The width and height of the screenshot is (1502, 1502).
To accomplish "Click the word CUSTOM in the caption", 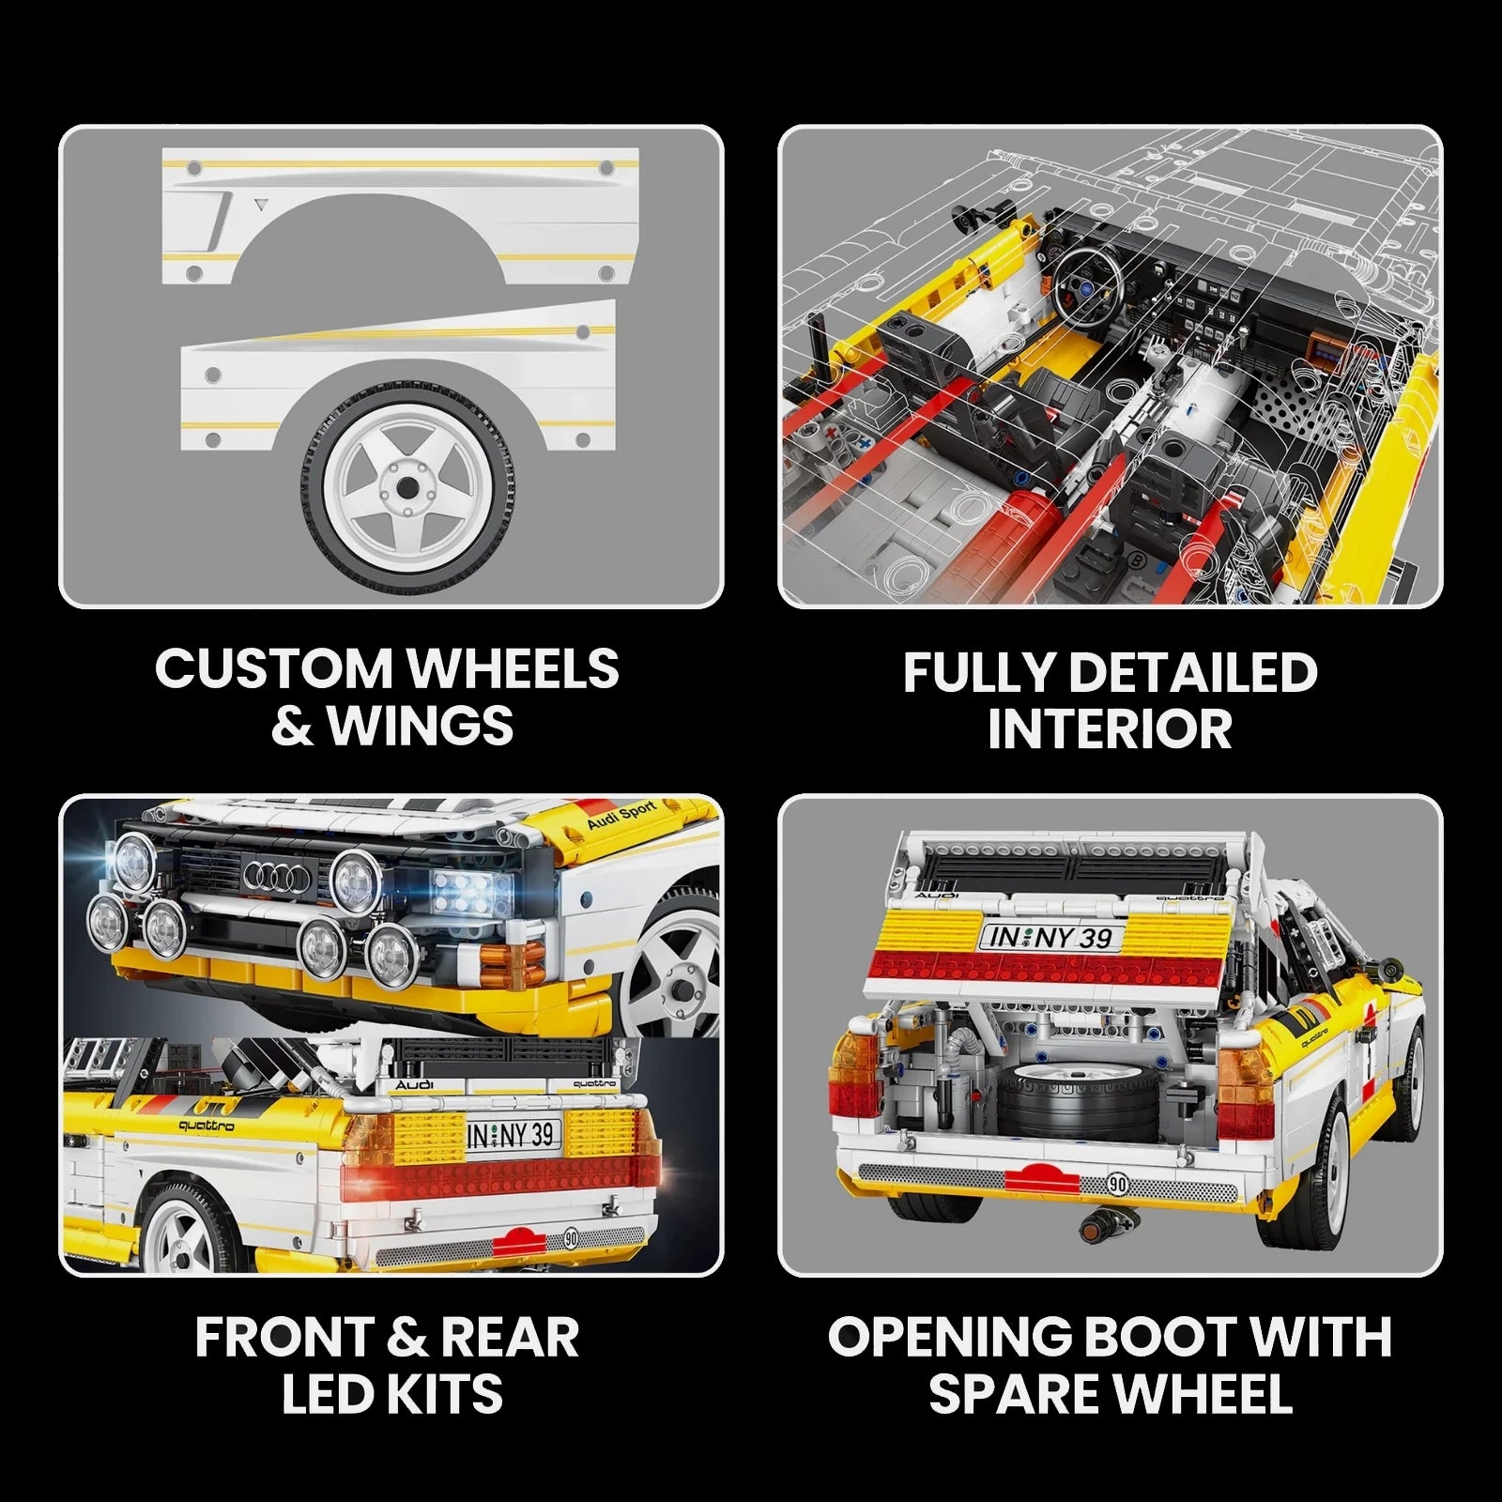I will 275,669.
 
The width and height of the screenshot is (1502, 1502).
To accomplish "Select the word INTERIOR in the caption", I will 1110,729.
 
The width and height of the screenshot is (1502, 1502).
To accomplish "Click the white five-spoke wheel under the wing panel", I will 407,488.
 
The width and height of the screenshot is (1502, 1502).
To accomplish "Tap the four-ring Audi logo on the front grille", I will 277,876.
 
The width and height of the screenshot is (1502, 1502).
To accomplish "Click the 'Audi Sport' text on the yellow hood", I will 621,815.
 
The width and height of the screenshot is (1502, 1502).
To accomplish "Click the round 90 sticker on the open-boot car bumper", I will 1117,1184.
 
